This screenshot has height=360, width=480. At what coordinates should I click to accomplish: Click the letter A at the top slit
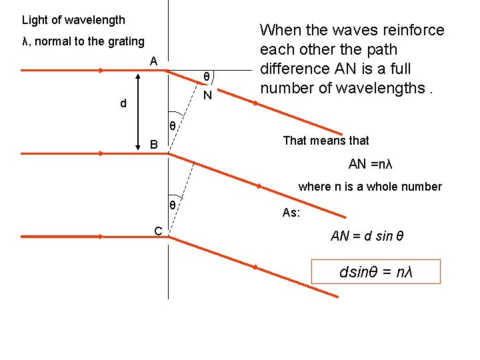click(x=153, y=61)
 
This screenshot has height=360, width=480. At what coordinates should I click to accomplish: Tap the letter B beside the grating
click(x=154, y=145)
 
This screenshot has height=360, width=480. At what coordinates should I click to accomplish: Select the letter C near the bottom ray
click(x=158, y=231)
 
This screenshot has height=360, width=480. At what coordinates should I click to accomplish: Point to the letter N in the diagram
click(x=207, y=95)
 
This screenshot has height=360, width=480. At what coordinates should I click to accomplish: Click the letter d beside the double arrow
click(x=123, y=104)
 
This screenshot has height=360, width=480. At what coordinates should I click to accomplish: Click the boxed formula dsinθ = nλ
click(x=376, y=272)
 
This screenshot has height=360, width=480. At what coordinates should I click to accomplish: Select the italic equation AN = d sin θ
click(x=367, y=237)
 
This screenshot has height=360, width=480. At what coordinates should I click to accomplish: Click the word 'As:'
click(x=291, y=213)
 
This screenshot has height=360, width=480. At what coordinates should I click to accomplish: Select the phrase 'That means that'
click(x=326, y=141)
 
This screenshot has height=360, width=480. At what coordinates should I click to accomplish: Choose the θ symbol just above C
click(x=172, y=205)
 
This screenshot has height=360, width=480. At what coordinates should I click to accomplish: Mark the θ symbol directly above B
click(x=171, y=126)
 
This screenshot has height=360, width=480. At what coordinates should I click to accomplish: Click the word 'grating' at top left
click(x=123, y=41)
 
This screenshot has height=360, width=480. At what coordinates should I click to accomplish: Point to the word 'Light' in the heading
click(x=34, y=21)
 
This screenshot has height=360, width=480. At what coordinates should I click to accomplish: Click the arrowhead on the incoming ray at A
click(x=101, y=70)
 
